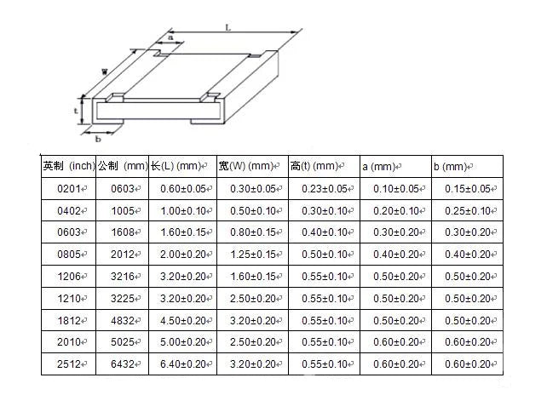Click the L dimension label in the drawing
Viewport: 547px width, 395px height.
[x=227, y=27]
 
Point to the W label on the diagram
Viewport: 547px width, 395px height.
[x=105, y=72]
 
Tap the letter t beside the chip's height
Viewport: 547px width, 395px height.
[x=76, y=112]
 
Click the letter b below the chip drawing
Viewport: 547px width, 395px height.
[x=98, y=139]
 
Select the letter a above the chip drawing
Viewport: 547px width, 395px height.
[x=170, y=37]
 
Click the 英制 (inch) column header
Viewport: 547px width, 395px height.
[x=69, y=166]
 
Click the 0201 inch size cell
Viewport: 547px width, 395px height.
[x=69, y=189]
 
